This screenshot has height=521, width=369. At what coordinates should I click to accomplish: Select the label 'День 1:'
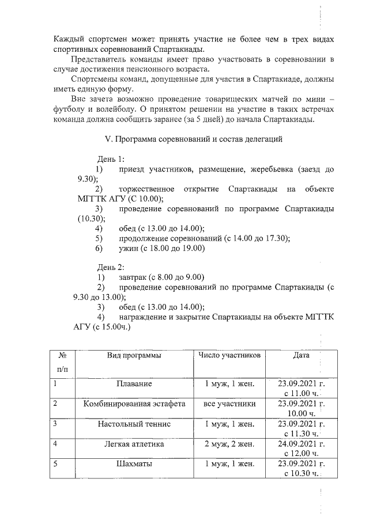(x=111, y=159)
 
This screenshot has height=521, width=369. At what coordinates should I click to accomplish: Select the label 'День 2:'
(x=111, y=267)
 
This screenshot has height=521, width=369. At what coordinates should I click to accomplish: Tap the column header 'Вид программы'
(x=134, y=355)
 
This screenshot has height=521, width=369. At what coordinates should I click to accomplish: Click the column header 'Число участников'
(x=229, y=355)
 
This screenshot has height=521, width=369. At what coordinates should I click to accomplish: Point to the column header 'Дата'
(x=301, y=355)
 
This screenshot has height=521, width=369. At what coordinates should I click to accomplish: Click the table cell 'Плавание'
(x=134, y=383)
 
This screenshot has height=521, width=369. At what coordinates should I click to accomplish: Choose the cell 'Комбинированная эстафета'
(x=134, y=404)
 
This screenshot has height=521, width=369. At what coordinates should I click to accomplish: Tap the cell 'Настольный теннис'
(x=134, y=424)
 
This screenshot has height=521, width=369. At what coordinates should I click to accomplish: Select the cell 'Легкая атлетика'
(x=134, y=444)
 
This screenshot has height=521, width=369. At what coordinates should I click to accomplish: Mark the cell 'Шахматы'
(x=134, y=465)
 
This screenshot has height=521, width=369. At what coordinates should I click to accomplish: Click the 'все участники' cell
(x=229, y=404)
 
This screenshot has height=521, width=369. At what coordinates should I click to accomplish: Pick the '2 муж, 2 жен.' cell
(x=229, y=444)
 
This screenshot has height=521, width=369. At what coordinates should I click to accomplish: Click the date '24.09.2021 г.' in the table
(x=301, y=444)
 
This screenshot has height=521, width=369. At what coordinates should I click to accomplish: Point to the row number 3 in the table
(x=55, y=424)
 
